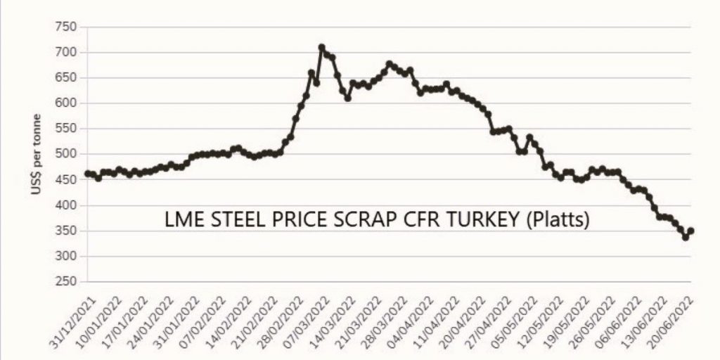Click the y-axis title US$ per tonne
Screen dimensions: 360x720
36,154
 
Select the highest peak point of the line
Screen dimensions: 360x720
322,47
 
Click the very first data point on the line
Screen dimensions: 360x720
87,173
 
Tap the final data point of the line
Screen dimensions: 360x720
691,231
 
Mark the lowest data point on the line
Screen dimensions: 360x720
686,238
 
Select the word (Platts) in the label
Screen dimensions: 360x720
560,220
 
